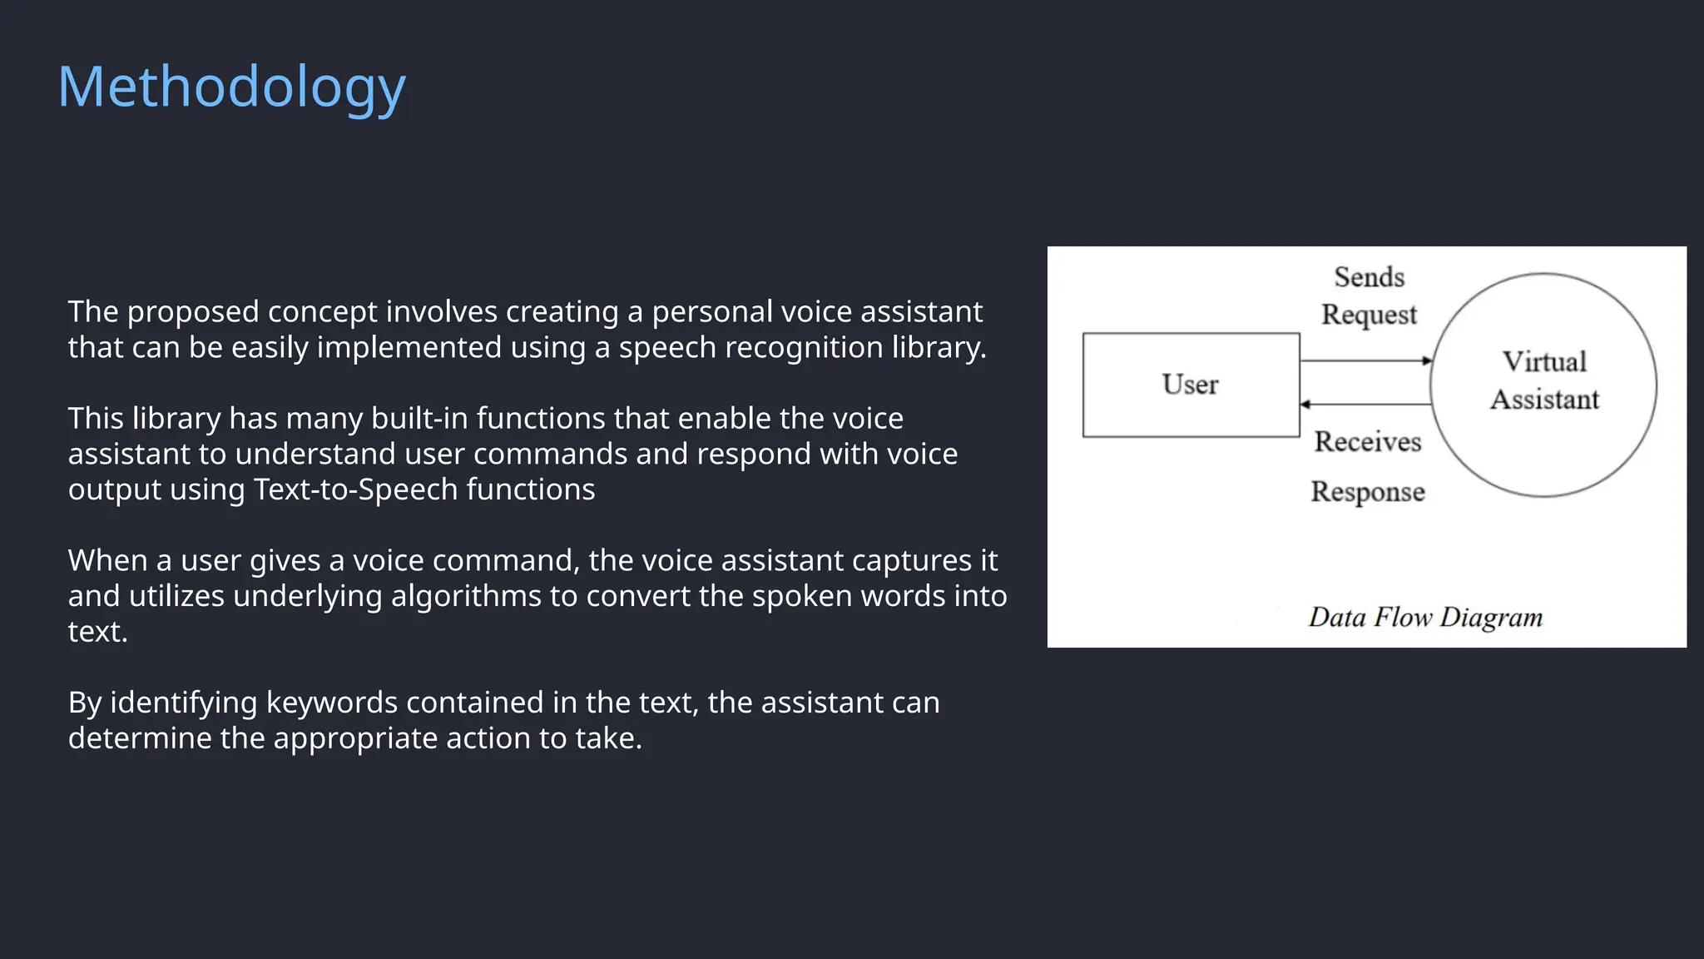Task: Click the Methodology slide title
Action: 231,87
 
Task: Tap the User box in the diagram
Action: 1191,385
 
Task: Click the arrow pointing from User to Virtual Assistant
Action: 1365,361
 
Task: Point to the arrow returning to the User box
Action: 1365,405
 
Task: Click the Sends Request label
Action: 1369,296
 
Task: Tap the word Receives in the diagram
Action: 1368,441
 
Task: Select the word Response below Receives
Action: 1368,491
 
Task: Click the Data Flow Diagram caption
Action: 1425,617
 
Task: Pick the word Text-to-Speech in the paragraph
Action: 355,489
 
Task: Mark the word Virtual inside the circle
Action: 1544,362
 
